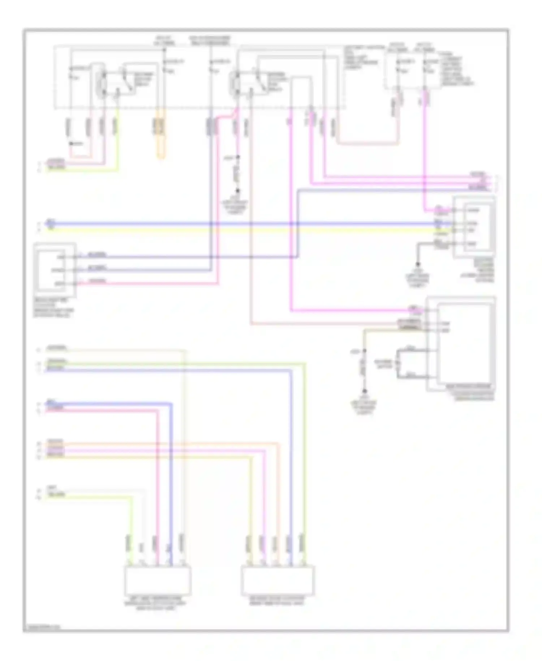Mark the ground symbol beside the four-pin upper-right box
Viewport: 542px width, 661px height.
(x=418, y=265)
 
